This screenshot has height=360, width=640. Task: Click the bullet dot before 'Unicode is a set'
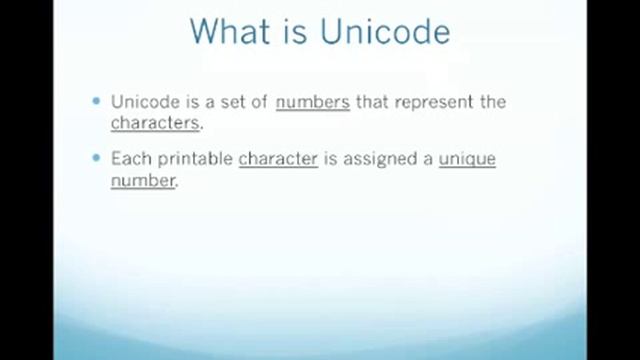click(x=97, y=101)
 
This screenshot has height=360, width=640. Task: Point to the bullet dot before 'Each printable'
click(x=97, y=158)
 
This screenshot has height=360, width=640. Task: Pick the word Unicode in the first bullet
click(x=142, y=102)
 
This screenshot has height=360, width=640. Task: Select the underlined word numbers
click(x=312, y=102)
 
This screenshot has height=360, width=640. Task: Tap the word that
click(x=374, y=102)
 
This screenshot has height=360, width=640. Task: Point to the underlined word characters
click(x=155, y=124)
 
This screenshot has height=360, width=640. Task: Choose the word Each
click(x=129, y=159)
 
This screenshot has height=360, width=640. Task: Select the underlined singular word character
click(x=278, y=159)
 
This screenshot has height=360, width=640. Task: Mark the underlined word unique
click(x=467, y=159)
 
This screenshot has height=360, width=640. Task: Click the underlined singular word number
click(x=142, y=182)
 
